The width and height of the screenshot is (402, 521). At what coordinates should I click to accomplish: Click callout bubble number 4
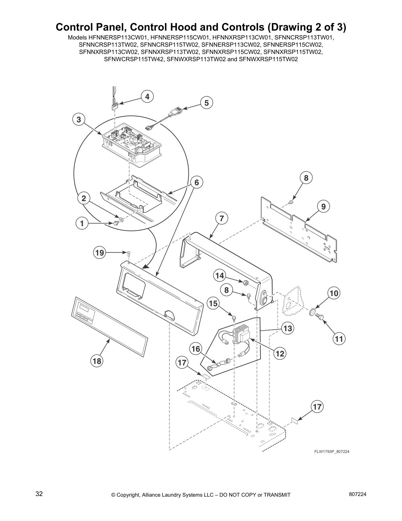point(147,96)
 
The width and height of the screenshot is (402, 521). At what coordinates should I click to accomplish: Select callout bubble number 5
point(207,103)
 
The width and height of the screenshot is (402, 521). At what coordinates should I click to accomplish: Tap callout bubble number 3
point(78,120)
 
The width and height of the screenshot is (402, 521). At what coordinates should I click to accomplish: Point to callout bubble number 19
point(99,253)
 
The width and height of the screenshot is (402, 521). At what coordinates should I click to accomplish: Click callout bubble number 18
point(97,361)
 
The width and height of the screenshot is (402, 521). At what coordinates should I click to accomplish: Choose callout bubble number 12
point(280,354)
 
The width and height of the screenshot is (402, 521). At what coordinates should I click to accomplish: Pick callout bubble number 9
point(324,207)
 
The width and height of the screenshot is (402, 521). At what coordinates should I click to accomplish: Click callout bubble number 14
point(220,276)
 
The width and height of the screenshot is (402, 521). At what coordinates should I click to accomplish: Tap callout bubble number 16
point(196,349)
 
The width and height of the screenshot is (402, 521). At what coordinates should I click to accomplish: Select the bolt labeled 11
point(320,316)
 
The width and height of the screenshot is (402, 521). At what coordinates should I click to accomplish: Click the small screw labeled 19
point(129,253)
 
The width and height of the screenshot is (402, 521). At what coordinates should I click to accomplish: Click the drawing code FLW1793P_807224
point(332,452)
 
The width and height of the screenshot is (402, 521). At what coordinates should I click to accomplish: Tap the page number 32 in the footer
point(39,494)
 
